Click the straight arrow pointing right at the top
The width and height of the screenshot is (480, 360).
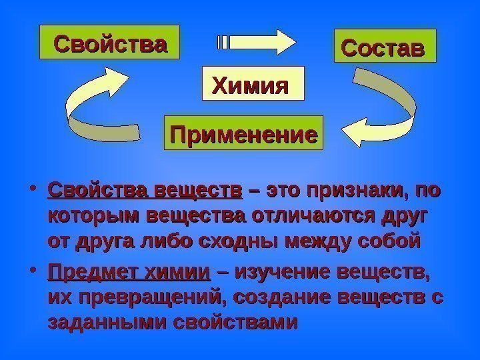[257, 41]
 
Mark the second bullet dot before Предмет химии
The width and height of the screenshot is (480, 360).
[33, 273]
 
